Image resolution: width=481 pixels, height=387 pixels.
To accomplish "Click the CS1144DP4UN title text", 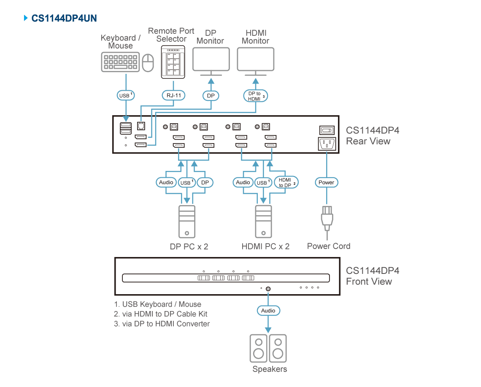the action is tap(64, 19).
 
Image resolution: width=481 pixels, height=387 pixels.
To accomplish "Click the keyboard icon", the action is tap(120, 62).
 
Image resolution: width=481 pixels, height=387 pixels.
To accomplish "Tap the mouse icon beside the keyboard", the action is tap(148, 62).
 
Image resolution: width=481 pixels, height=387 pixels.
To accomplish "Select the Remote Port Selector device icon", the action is tap(173, 62).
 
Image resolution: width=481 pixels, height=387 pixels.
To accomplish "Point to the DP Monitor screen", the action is tap(211, 59).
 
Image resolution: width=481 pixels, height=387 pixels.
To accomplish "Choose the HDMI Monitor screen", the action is tap(256, 59).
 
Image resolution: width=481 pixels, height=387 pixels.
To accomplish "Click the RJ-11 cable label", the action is tap(174, 95).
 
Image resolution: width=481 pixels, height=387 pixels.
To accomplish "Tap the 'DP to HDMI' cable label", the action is tap(256, 96).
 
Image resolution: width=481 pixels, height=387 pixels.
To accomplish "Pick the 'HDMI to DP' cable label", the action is tap(286, 182).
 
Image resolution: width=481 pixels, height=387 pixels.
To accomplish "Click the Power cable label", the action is tap(327, 182).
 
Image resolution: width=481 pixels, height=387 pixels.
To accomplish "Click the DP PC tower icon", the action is tap(187, 221).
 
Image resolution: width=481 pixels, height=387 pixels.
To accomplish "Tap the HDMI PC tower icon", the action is tap(264, 221).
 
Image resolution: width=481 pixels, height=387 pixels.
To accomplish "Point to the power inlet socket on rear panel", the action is tap(327, 143).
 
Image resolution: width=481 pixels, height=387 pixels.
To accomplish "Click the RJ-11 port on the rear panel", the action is tap(141, 126).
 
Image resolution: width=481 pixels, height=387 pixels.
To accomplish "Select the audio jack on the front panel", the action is tap(268, 289).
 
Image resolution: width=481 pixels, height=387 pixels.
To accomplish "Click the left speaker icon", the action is tap(259, 348).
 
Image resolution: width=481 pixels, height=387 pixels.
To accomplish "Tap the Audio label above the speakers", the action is tap(268, 311).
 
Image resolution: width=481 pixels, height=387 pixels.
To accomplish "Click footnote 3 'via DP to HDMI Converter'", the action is tap(162, 324).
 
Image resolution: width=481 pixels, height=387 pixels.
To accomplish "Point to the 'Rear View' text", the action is tap(368, 141).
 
